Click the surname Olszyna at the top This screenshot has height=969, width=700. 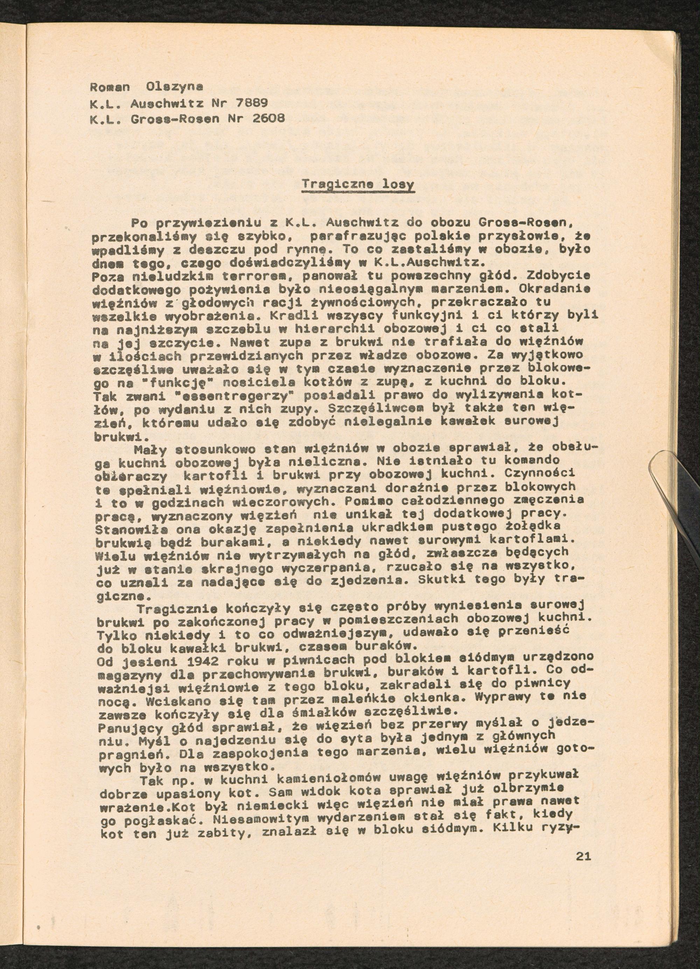click(174, 86)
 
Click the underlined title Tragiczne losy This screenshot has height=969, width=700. click(358, 185)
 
